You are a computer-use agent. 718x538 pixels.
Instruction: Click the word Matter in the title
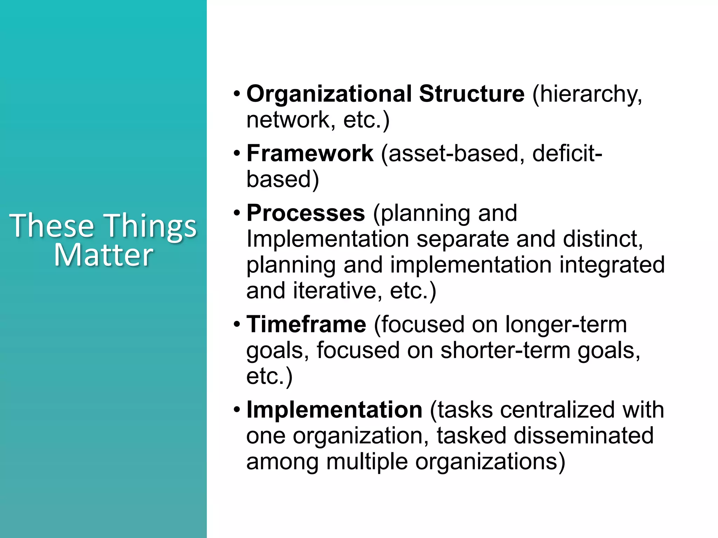(103, 255)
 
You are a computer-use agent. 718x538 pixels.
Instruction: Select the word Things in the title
(151, 227)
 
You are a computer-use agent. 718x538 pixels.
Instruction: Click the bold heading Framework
(310, 153)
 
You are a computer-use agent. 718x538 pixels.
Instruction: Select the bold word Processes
(306, 213)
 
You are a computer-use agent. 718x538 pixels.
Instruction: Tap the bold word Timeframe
(306, 324)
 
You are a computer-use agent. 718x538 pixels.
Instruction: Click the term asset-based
(453, 153)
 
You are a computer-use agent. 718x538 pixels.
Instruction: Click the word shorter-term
(505, 350)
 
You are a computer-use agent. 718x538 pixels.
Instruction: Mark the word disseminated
(583, 436)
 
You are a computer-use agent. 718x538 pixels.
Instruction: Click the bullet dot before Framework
(237, 153)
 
